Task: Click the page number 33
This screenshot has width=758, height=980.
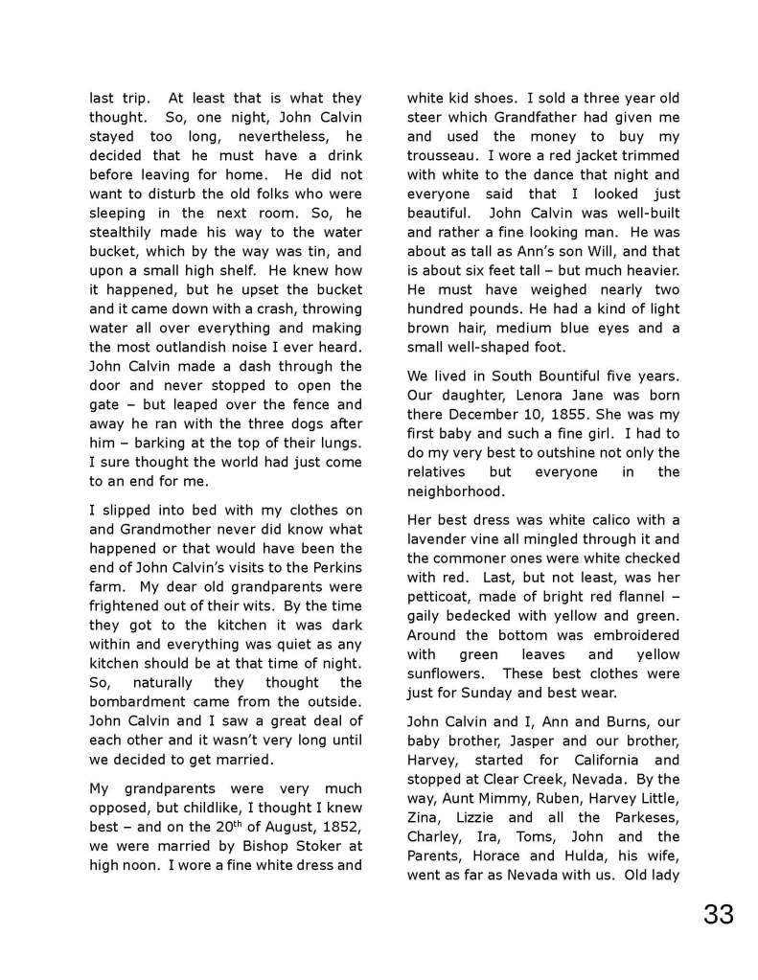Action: [718, 914]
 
